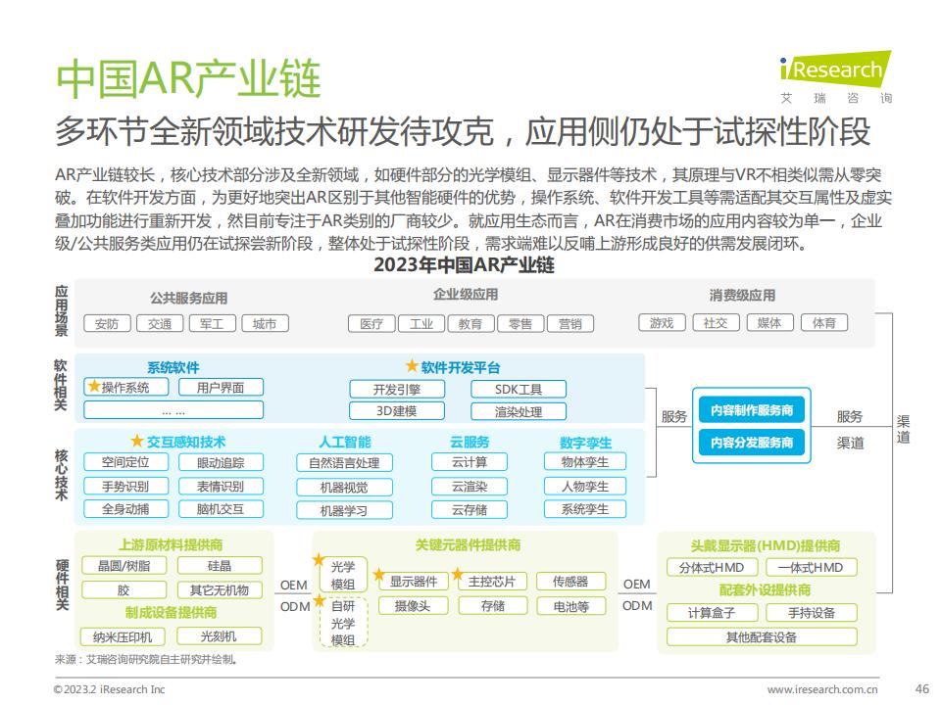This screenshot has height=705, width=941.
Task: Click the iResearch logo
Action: pos(835,76)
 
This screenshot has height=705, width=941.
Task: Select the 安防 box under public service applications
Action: pos(106,324)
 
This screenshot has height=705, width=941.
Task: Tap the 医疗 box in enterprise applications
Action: pos(371,324)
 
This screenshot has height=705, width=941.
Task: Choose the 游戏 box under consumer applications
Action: pos(662,323)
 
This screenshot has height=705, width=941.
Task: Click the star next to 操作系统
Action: pos(94,386)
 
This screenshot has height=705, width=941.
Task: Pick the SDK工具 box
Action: pos(519,389)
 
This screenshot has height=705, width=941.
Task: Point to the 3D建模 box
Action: pos(397,411)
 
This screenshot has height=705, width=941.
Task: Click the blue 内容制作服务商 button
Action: pos(752,410)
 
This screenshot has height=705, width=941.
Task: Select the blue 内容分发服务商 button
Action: pos(752,443)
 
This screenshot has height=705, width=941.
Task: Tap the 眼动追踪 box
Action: pos(221,462)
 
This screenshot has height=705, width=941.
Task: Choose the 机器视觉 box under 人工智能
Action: pos(344,488)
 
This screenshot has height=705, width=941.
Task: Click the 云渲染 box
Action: pos(470,487)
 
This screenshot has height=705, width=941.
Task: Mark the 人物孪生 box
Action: pos(585,487)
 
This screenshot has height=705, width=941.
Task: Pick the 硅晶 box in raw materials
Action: pos(220,565)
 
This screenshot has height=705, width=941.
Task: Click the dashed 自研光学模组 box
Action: pos(343,623)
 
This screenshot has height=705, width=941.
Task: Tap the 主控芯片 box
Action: pos(492,581)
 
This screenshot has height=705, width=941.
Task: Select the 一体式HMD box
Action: pos(811,567)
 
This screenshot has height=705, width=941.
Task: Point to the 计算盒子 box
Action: pos(712,613)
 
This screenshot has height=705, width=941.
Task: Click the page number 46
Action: pos(921,688)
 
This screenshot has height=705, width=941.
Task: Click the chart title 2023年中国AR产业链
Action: pos(464,265)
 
